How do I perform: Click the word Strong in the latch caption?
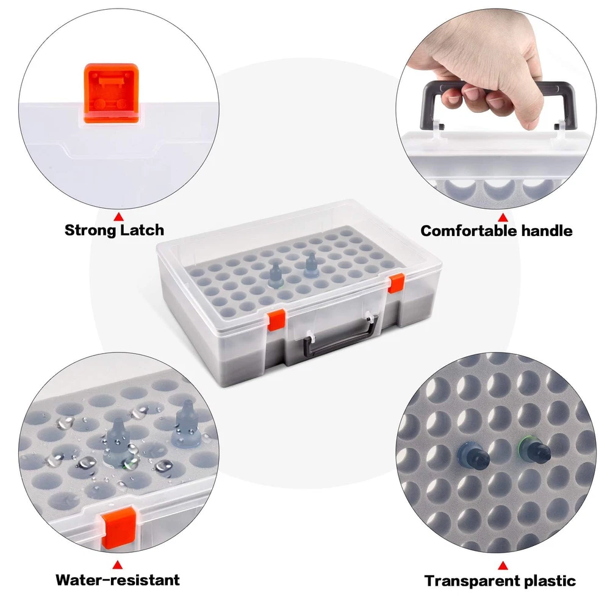90,231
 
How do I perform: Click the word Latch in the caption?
142,230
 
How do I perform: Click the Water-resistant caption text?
118,579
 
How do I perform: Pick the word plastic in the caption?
550,581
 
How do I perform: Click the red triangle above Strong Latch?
119,217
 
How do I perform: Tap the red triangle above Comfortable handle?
503,218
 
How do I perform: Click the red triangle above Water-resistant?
118,565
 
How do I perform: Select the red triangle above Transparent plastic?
503,565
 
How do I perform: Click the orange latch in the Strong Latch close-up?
111,94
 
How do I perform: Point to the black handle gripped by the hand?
499,102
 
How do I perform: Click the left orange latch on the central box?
276,320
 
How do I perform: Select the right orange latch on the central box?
396,283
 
